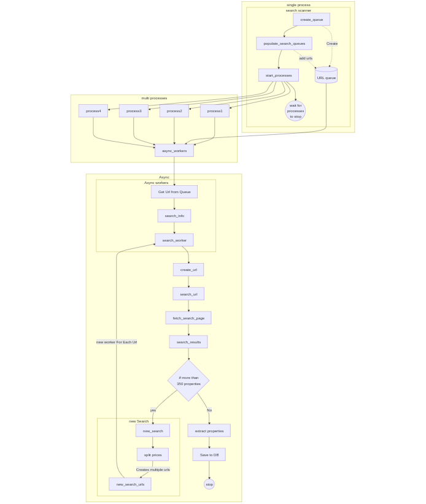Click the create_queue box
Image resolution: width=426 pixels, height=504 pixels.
(311, 20)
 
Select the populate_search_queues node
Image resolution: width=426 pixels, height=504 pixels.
(284, 44)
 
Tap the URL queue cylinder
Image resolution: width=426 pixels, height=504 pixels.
(326, 75)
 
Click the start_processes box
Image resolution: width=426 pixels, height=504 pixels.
(279, 75)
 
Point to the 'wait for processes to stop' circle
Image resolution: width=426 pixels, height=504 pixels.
(295, 111)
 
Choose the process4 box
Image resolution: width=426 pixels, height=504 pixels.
(93, 111)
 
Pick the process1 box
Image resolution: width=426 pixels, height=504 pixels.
(215, 111)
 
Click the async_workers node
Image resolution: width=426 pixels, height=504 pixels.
(174, 151)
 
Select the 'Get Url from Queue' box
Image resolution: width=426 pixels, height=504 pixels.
(174, 192)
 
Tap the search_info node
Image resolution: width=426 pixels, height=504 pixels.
(174, 216)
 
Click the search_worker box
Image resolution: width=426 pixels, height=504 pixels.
(174, 240)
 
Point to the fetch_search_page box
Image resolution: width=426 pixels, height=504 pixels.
(188, 318)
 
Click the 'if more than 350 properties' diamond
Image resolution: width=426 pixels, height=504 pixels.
(188, 381)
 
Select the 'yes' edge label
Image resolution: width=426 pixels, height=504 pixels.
(153, 410)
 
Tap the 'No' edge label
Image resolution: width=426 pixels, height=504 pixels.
(209, 410)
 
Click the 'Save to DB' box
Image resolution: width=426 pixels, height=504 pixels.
(209, 455)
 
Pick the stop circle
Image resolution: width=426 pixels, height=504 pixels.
(209, 484)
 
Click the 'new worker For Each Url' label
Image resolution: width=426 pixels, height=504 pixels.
(117, 342)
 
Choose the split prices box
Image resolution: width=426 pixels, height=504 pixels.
(153, 455)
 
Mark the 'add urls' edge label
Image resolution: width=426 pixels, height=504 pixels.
(306, 58)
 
